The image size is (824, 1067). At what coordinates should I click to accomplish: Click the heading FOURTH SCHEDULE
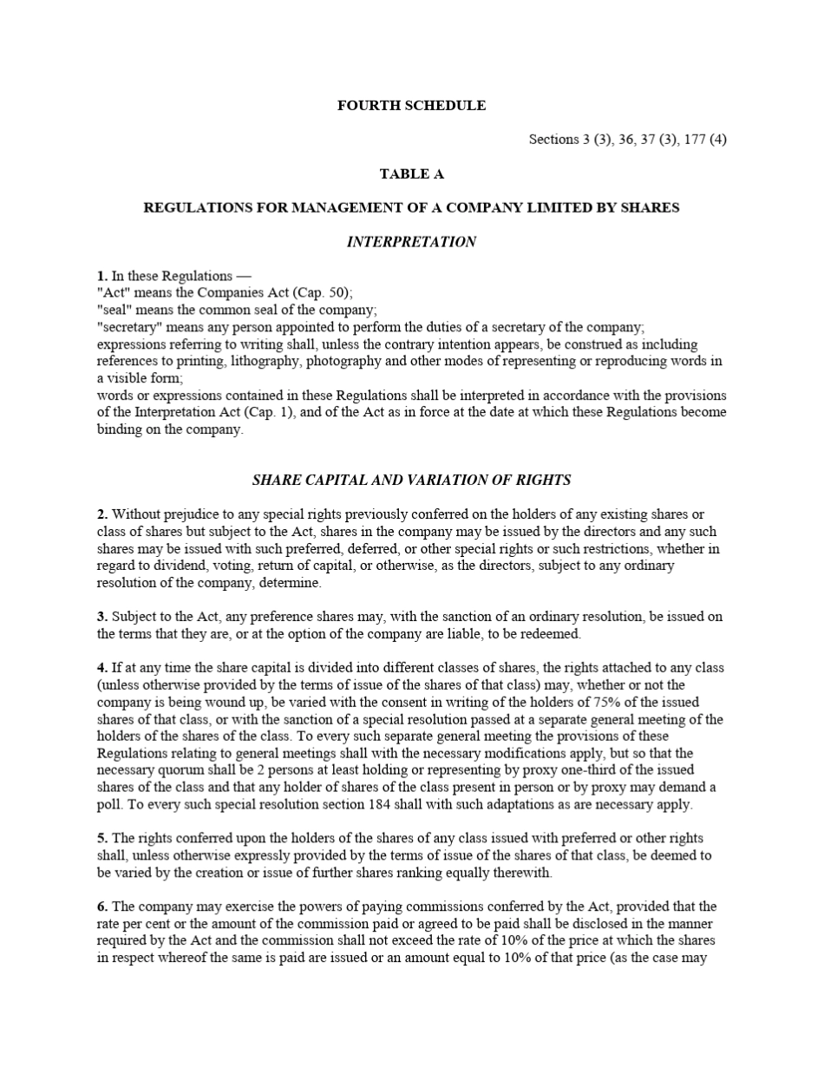[x=411, y=106]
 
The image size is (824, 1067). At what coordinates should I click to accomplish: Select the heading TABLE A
[x=411, y=173]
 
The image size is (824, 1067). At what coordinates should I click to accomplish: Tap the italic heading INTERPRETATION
[x=411, y=242]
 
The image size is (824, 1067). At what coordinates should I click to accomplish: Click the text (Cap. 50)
[x=323, y=293]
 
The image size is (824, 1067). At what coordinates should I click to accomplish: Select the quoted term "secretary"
[x=129, y=327]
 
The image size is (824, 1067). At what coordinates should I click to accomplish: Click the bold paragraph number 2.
[x=102, y=514]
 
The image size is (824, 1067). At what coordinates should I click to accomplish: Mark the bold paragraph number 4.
[x=102, y=668]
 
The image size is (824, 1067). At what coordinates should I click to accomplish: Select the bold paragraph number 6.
[x=102, y=907]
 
